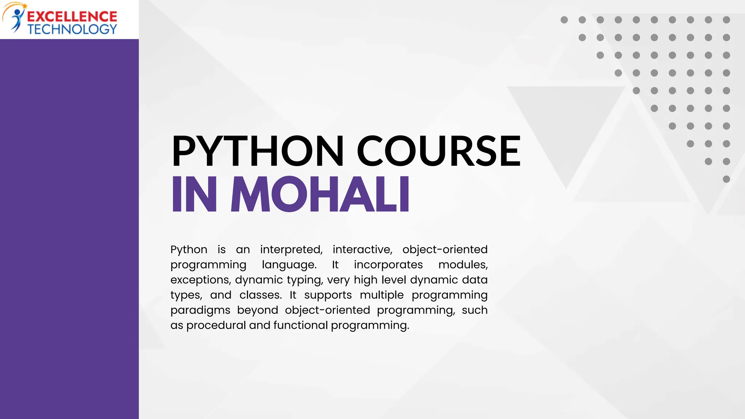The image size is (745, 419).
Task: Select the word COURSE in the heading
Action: point(438,151)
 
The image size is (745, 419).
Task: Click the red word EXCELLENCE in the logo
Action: point(72,16)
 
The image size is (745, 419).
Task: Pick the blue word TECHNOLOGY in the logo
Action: point(72,29)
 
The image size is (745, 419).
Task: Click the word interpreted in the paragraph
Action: point(291,250)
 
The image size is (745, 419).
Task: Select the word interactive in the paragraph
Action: point(362,250)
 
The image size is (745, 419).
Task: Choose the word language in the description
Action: point(289,265)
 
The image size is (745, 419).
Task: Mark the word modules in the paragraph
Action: point(463,265)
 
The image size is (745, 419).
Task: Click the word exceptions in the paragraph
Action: point(200,280)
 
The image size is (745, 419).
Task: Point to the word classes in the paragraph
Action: point(260,295)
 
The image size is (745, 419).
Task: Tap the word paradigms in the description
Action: point(200,310)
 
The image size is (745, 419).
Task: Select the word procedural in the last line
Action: point(216,325)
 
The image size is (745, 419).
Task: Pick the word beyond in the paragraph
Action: point(258,310)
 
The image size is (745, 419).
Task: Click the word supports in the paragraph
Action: point(328,295)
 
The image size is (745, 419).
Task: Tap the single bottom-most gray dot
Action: point(726,179)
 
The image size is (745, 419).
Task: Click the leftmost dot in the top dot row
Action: point(564,20)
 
